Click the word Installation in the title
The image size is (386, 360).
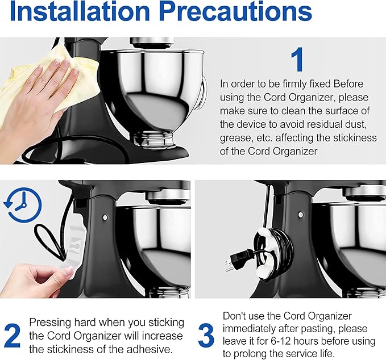point(80,11)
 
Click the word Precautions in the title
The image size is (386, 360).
point(235,11)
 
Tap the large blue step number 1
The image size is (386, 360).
point(298,60)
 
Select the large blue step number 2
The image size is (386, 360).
point(12,336)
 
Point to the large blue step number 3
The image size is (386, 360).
point(206,336)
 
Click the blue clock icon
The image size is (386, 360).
point(23,205)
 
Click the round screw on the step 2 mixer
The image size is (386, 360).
point(105,217)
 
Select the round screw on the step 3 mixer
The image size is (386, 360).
point(301,215)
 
